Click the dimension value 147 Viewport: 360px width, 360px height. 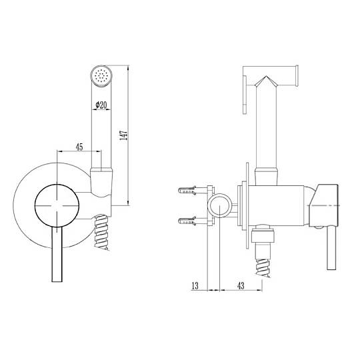[123, 135]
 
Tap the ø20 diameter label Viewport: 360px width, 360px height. [101, 105]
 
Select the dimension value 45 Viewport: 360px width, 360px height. [79, 147]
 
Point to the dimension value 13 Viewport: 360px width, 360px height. [195, 285]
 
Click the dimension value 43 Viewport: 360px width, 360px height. [241, 285]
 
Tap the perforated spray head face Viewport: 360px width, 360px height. [101, 75]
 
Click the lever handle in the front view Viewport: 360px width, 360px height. [57, 255]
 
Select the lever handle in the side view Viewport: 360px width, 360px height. [331, 247]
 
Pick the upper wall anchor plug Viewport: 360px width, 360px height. [187, 190]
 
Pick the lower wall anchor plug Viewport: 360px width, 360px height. [187, 221]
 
